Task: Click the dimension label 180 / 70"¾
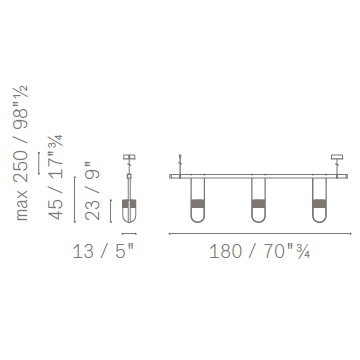pyautogui.click(x=260, y=251)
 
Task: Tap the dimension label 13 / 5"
pyautogui.click(x=103, y=251)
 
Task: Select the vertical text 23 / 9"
pyautogui.click(x=93, y=191)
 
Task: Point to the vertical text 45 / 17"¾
pyautogui.click(x=56, y=177)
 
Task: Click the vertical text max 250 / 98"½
pyautogui.click(x=21, y=153)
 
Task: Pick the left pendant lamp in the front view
pyautogui.click(x=197, y=200)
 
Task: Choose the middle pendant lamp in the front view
pyautogui.click(x=258, y=200)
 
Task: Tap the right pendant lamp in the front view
pyautogui.click(x=319, y=200)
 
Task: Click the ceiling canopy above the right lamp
pyautogui.click(x=337, y=157)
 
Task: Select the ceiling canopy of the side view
pyautogui.click(x=129, y=157)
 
